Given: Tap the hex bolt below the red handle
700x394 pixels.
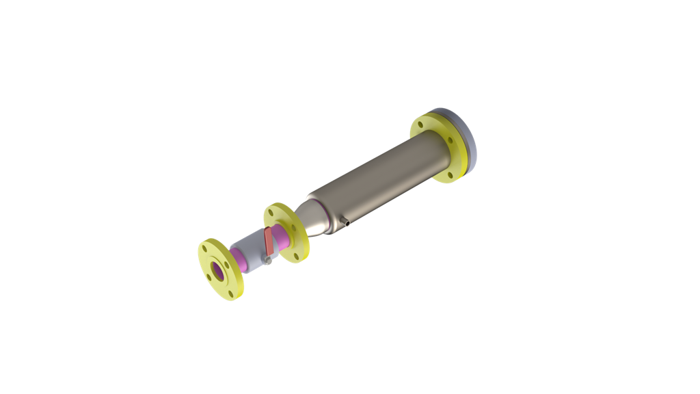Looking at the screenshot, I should (x=269, y=260).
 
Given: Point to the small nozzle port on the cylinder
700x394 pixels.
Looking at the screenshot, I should (x=347, y=222).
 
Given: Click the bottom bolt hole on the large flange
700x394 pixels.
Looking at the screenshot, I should (x=450, y=174).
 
